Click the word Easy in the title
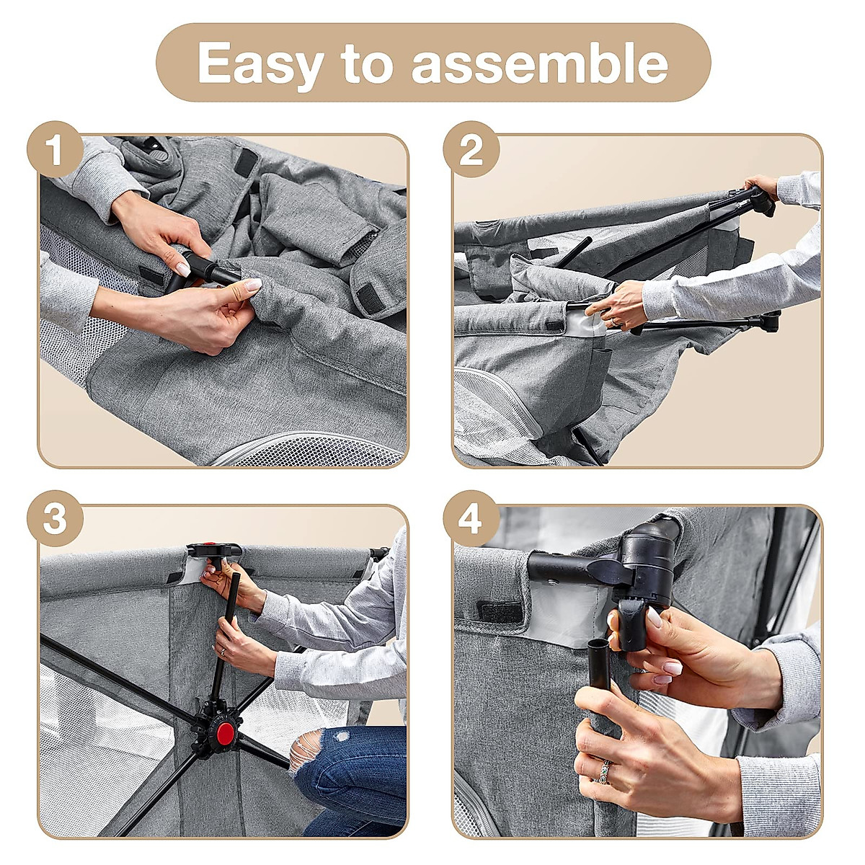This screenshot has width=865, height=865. [x=260, y=64]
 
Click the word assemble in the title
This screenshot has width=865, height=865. [x=540, y=64]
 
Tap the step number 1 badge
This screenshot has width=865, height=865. [x=55, y=149]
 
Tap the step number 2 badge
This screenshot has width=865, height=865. [x=471, y=149]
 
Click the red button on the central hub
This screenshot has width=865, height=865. [x=224, y=730]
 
